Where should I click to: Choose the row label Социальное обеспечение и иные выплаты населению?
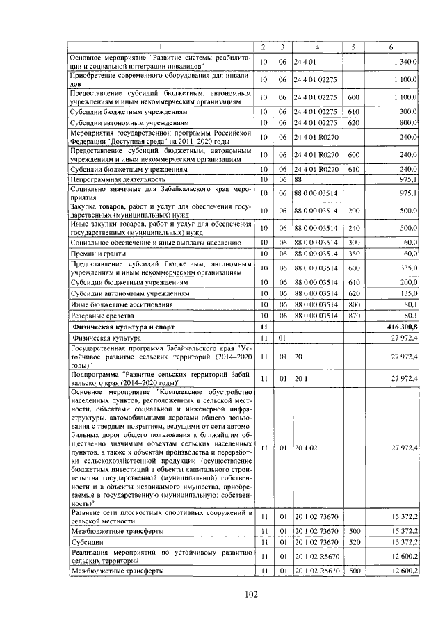tap(156, 242)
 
